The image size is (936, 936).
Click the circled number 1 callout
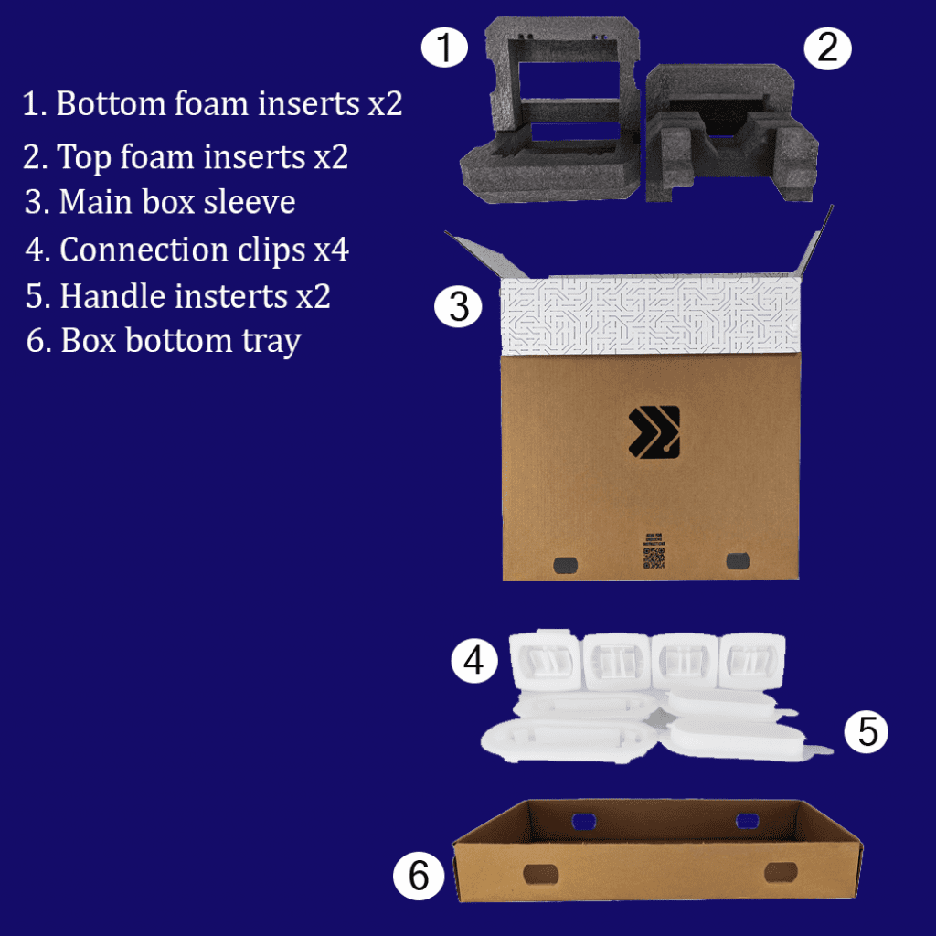click(444, 47)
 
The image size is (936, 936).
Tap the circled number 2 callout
click(827, 47)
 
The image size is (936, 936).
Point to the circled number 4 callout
click(473, 661)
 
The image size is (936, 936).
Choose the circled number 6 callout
click(419, 876)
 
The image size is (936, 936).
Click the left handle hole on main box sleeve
click(567, 562)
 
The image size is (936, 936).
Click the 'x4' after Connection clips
click(330, 250)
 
